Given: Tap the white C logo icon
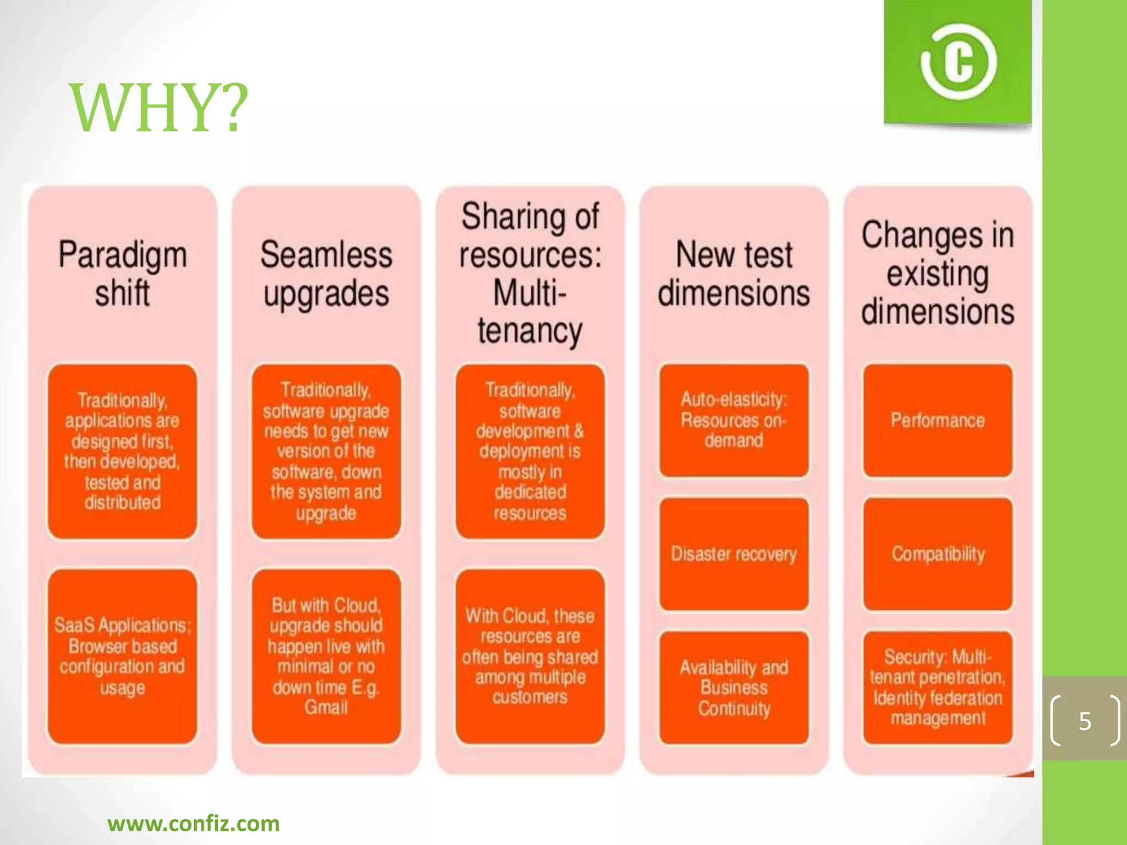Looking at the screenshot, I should [958, 62].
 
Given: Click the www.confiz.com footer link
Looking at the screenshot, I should [194, 824].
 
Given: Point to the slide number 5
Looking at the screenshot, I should [1085, 721].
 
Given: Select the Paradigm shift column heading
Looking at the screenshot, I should [123, 273].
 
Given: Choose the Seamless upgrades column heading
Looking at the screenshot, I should [326, 273].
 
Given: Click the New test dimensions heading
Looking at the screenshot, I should [734, 273].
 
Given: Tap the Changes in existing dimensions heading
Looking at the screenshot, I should [938, 273].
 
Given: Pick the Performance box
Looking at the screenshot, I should [938, 420].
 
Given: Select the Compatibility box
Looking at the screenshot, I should [938, 554].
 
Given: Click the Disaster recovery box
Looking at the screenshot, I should [734, 554].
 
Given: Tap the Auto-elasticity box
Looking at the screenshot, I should [734, 420].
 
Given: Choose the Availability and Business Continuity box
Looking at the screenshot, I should [734, 688].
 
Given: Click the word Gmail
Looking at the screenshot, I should [326, 707].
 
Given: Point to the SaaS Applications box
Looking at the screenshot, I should [123, 656].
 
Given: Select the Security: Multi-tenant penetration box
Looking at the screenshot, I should [938, 688].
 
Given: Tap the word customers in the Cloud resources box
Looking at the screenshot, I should [530, 698].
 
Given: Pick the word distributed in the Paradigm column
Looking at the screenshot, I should [123, 502].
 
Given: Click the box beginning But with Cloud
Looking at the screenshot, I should [326, 656].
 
